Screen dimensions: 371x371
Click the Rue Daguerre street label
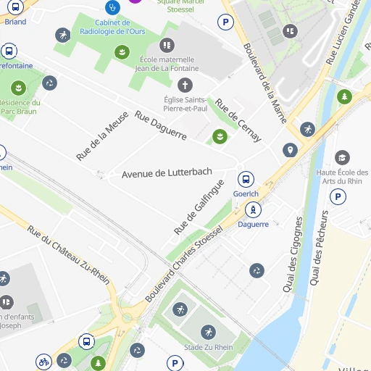coord(161,125)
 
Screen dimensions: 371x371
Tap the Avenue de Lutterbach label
coord(167,173)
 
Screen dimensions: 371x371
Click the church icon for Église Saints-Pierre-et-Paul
coord(185,85)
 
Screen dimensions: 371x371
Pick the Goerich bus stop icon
coord(246,179)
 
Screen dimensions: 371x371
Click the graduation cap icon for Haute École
coord(342,157)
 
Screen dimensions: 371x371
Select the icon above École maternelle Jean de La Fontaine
coord(169,45)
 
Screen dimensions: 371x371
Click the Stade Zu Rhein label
coord(209,347)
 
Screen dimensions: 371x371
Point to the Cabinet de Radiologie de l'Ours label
coord(122,26)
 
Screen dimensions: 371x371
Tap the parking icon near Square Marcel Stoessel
coord(227,23)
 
